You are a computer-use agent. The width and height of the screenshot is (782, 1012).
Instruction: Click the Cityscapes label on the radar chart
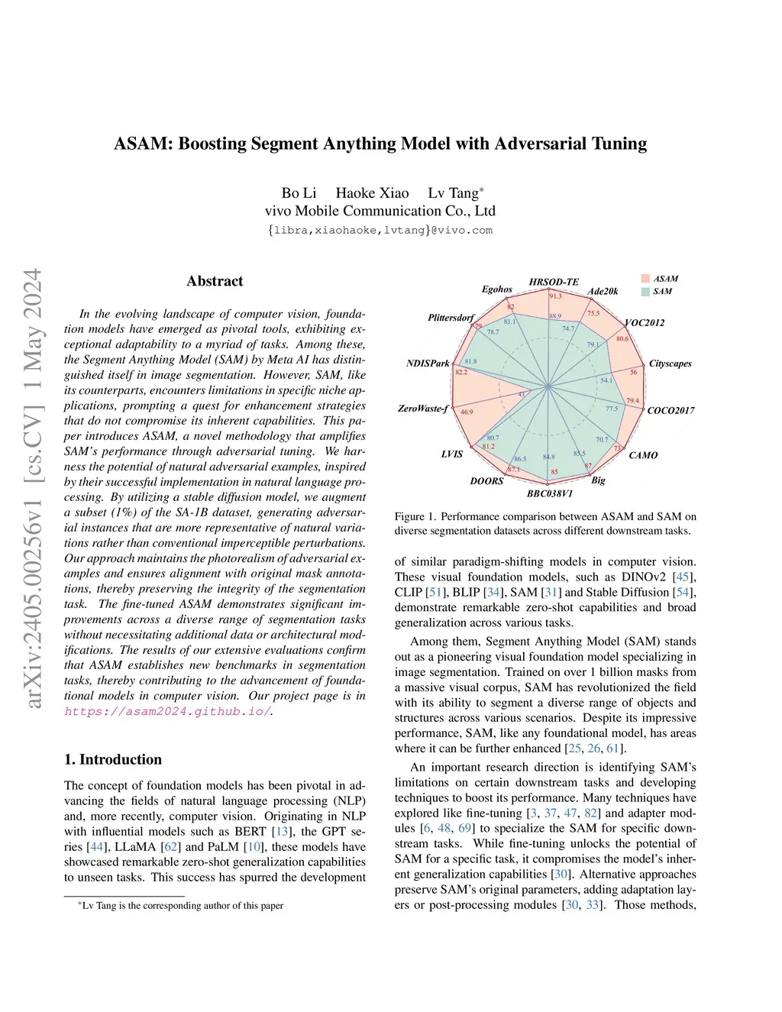coord(670,364)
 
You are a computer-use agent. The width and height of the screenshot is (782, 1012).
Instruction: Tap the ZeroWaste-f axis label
coord(423,409)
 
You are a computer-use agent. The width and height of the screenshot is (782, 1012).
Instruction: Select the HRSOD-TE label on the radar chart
coord(554,282)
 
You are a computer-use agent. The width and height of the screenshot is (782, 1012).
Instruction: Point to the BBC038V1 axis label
coord(549,493)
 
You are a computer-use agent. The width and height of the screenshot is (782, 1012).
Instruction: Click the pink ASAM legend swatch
coord(645,279)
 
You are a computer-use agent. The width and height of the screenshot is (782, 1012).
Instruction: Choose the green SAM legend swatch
coord(645,291)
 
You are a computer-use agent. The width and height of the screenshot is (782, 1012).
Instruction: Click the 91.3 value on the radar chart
coord(555,296)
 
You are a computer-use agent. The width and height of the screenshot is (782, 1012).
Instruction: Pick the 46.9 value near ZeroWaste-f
coord(466,412)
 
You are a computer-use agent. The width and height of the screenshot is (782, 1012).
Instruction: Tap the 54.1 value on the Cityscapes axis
coord(606,380)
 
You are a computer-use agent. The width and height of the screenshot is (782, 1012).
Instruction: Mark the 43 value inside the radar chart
coord(522,394)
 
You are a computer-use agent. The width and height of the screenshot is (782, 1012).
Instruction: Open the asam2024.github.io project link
coord(167,711)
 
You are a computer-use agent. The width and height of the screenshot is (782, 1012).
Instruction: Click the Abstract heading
coord(215,281)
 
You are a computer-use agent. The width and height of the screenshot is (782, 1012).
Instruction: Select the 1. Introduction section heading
coord(113,759)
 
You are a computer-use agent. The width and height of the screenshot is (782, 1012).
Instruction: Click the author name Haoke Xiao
coord(372,193)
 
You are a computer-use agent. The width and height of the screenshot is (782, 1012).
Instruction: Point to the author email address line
coord(380,230)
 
